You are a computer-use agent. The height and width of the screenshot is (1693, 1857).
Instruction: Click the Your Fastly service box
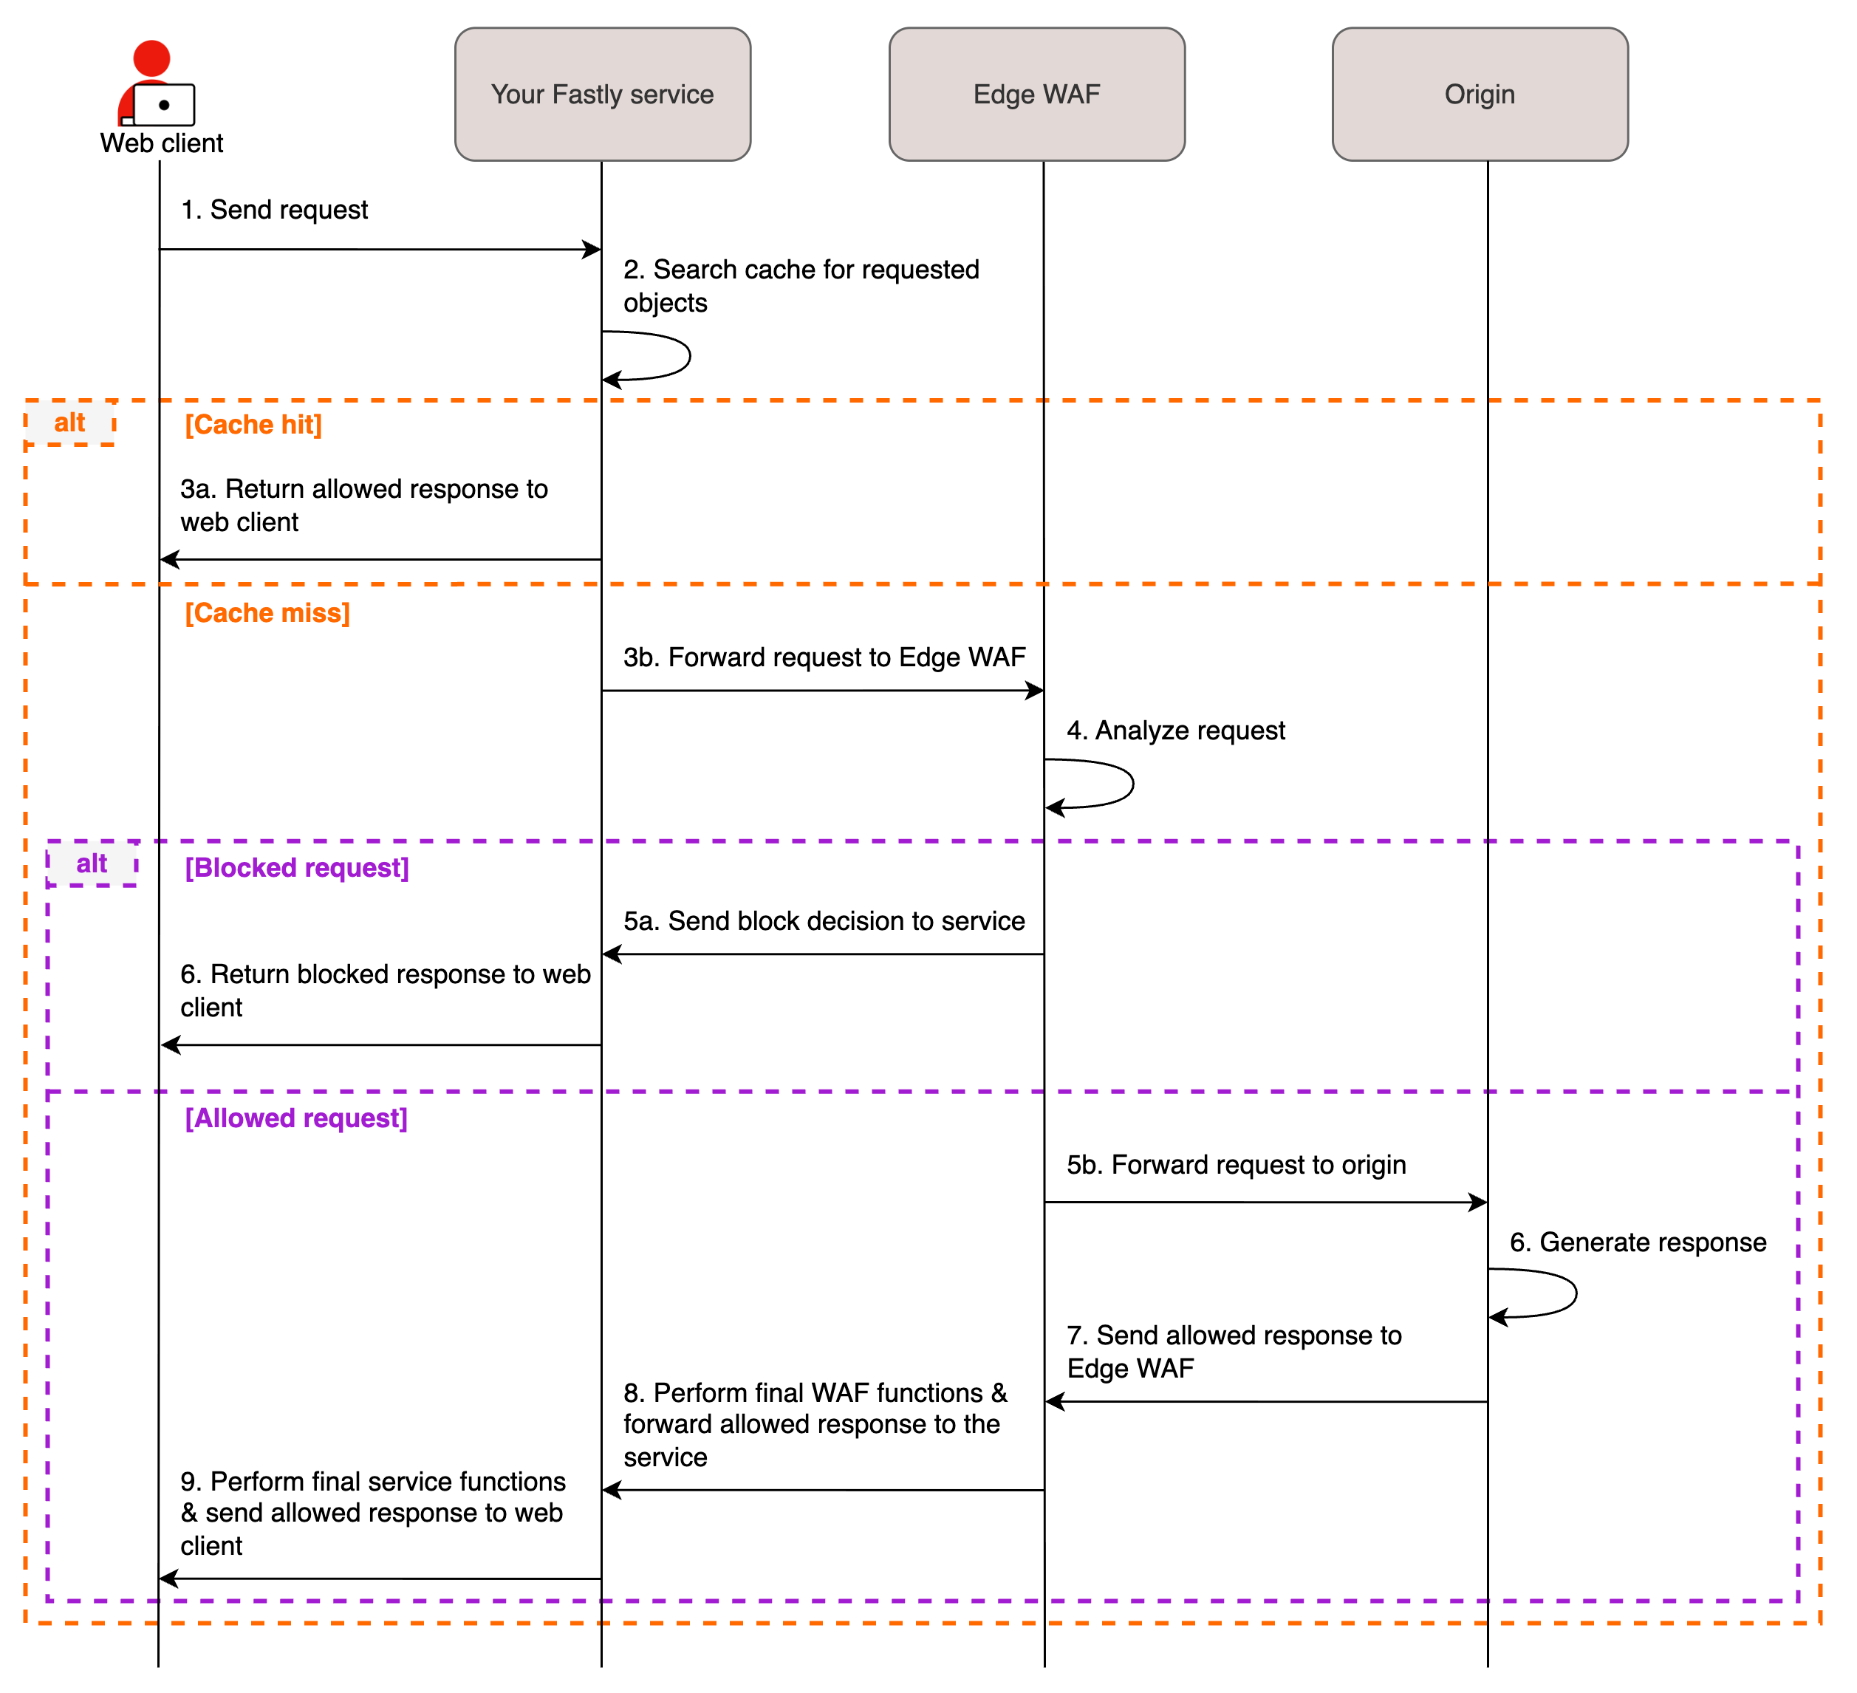click(603, 94)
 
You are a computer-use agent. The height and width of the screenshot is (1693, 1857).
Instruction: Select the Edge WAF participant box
click(1036, 94)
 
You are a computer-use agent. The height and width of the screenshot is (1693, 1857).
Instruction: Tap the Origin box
click(1480, 94)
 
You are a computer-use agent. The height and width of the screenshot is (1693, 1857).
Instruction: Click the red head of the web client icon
click(152, 57)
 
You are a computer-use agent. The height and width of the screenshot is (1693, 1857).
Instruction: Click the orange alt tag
click(69, 423)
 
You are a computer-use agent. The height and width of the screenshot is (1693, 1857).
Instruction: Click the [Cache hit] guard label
click(253, 425)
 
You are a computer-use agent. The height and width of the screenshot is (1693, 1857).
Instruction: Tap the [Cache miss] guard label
click(267, 614)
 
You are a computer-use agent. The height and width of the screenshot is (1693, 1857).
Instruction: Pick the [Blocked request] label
click(297, 869)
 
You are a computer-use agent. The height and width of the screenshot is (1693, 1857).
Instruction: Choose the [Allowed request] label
click(295, 1118)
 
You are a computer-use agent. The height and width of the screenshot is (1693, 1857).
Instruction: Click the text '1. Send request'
click(275, 210)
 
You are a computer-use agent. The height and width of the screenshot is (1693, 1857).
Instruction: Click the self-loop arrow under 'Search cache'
click(686, 355)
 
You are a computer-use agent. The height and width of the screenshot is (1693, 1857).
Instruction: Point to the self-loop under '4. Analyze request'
click(1130, 784)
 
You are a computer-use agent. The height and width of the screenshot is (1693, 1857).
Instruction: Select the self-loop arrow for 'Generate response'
click(1573, 1293)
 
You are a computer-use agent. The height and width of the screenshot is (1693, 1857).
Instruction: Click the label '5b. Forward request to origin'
click(1237, 1165)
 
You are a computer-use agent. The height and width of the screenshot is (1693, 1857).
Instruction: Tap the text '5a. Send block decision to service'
click(824, 921)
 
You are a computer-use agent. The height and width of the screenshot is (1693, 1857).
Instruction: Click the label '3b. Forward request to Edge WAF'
click(824, 657)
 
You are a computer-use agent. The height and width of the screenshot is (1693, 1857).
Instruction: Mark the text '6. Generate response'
click(1638, 1242)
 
